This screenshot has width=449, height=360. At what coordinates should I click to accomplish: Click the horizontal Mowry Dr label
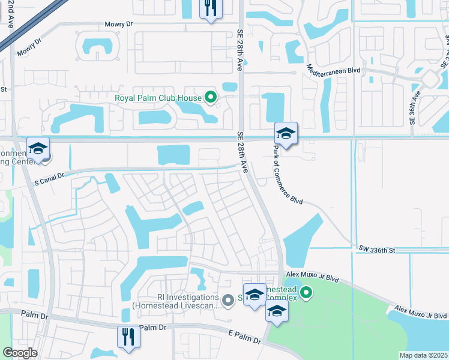click(x=118, y=25)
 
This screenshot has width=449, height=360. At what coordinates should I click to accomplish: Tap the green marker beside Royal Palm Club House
click(x=210, y=96)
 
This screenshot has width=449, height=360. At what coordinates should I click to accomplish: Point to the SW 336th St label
click(x=378, y=248)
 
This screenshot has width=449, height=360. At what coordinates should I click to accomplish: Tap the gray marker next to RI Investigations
click(x=228, y=299)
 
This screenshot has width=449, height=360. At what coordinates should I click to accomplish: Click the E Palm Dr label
click(x=245, y=336)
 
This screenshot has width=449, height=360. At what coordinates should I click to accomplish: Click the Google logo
click(x=20, y=353)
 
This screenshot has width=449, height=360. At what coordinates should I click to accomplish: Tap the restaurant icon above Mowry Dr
click(x=210, y=8)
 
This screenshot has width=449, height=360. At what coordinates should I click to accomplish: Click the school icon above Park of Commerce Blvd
click(x=286, y=133)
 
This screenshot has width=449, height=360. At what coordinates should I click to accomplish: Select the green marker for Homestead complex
click(x=306, y=293)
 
